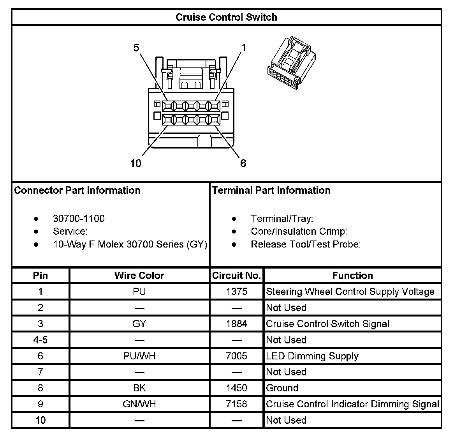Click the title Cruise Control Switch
226,18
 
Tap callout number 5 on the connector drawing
136,48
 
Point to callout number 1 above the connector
244,48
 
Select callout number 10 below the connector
136,163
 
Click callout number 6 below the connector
243,163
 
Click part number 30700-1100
79,219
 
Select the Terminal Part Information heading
271,190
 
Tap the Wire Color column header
139,276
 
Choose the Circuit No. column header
236,276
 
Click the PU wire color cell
139,292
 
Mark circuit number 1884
236,324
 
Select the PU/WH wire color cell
139,356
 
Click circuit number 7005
236,356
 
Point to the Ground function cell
282,388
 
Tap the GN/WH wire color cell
139,404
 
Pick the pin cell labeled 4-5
40,340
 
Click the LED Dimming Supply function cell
312,356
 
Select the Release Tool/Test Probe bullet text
306,244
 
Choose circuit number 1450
236,388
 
